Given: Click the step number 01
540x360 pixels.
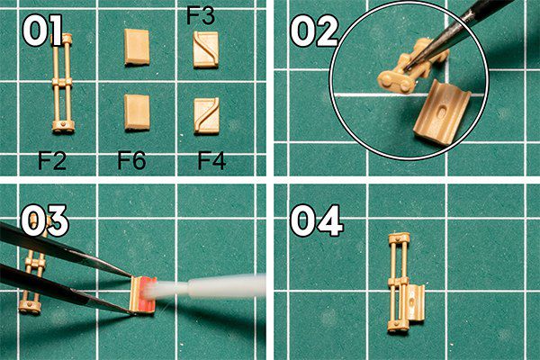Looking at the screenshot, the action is [42, 31].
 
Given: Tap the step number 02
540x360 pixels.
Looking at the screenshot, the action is [314, 31].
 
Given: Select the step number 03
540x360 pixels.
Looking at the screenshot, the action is [45, 220].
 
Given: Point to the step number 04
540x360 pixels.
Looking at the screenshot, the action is [317, 220].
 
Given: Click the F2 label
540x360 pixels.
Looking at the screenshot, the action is [52, 160].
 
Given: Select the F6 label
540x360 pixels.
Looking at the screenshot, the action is [131, 160].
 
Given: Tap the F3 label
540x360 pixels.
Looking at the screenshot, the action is [201, 15].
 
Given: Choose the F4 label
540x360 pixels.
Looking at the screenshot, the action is [211, 161].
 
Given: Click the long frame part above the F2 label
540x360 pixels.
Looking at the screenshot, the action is [63, 83].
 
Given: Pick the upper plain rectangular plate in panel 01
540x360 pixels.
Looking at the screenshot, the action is [137, 47].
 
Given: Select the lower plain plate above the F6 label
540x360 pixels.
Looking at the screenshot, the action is [137, 112].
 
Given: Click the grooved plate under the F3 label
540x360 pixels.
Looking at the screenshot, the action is [205, 49].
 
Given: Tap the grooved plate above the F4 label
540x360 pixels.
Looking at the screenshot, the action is [207, 116].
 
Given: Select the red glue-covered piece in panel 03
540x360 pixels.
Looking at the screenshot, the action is [142, 295].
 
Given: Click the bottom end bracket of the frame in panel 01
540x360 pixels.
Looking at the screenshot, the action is [63, 126].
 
